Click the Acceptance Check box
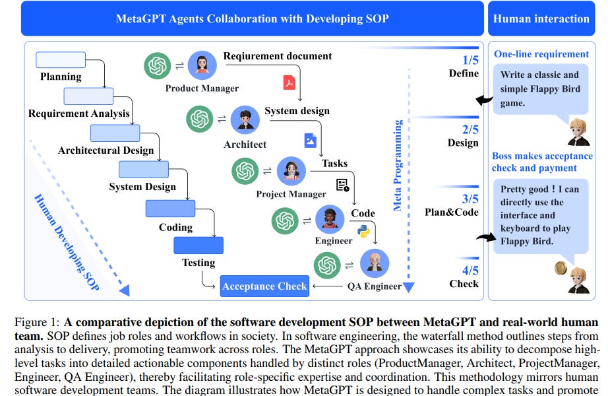point(264,286)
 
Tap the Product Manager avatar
point(202,65)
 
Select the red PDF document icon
point(289,82)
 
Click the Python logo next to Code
point(363,230)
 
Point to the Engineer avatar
point(330,220)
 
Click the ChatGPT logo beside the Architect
point(200,119)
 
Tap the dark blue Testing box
point(198,246)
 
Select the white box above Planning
point(60,59)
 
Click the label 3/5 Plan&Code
point(452,205)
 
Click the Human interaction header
point(541,18)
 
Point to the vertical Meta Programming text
point(398,165)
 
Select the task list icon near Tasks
point(342,185)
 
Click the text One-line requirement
point(541,54)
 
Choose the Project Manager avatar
point(291,172)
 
